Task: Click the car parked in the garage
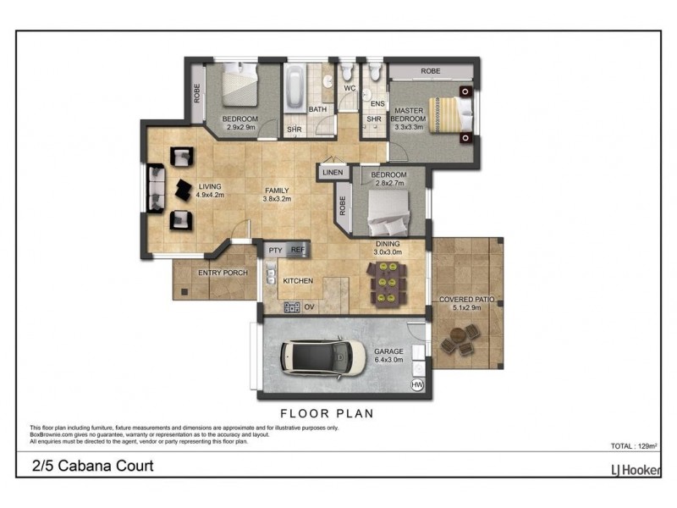[x=316, y=357]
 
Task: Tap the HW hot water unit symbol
[x=416, y=384]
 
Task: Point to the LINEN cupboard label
[x=332, y=173]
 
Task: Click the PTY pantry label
[x=275, y=251]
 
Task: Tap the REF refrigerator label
[x=297, y=251]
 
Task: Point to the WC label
[x=350, y=88]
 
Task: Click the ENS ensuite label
[x=377, y=104]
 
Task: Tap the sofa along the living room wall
[x=157, y=189]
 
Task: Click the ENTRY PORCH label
[x=222, y=273]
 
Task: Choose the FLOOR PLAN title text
[x=326, y=414]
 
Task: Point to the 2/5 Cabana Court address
[x=93, y=466]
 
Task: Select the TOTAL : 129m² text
[x=634, y=445]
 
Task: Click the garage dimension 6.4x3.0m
[x=388, y=360]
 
